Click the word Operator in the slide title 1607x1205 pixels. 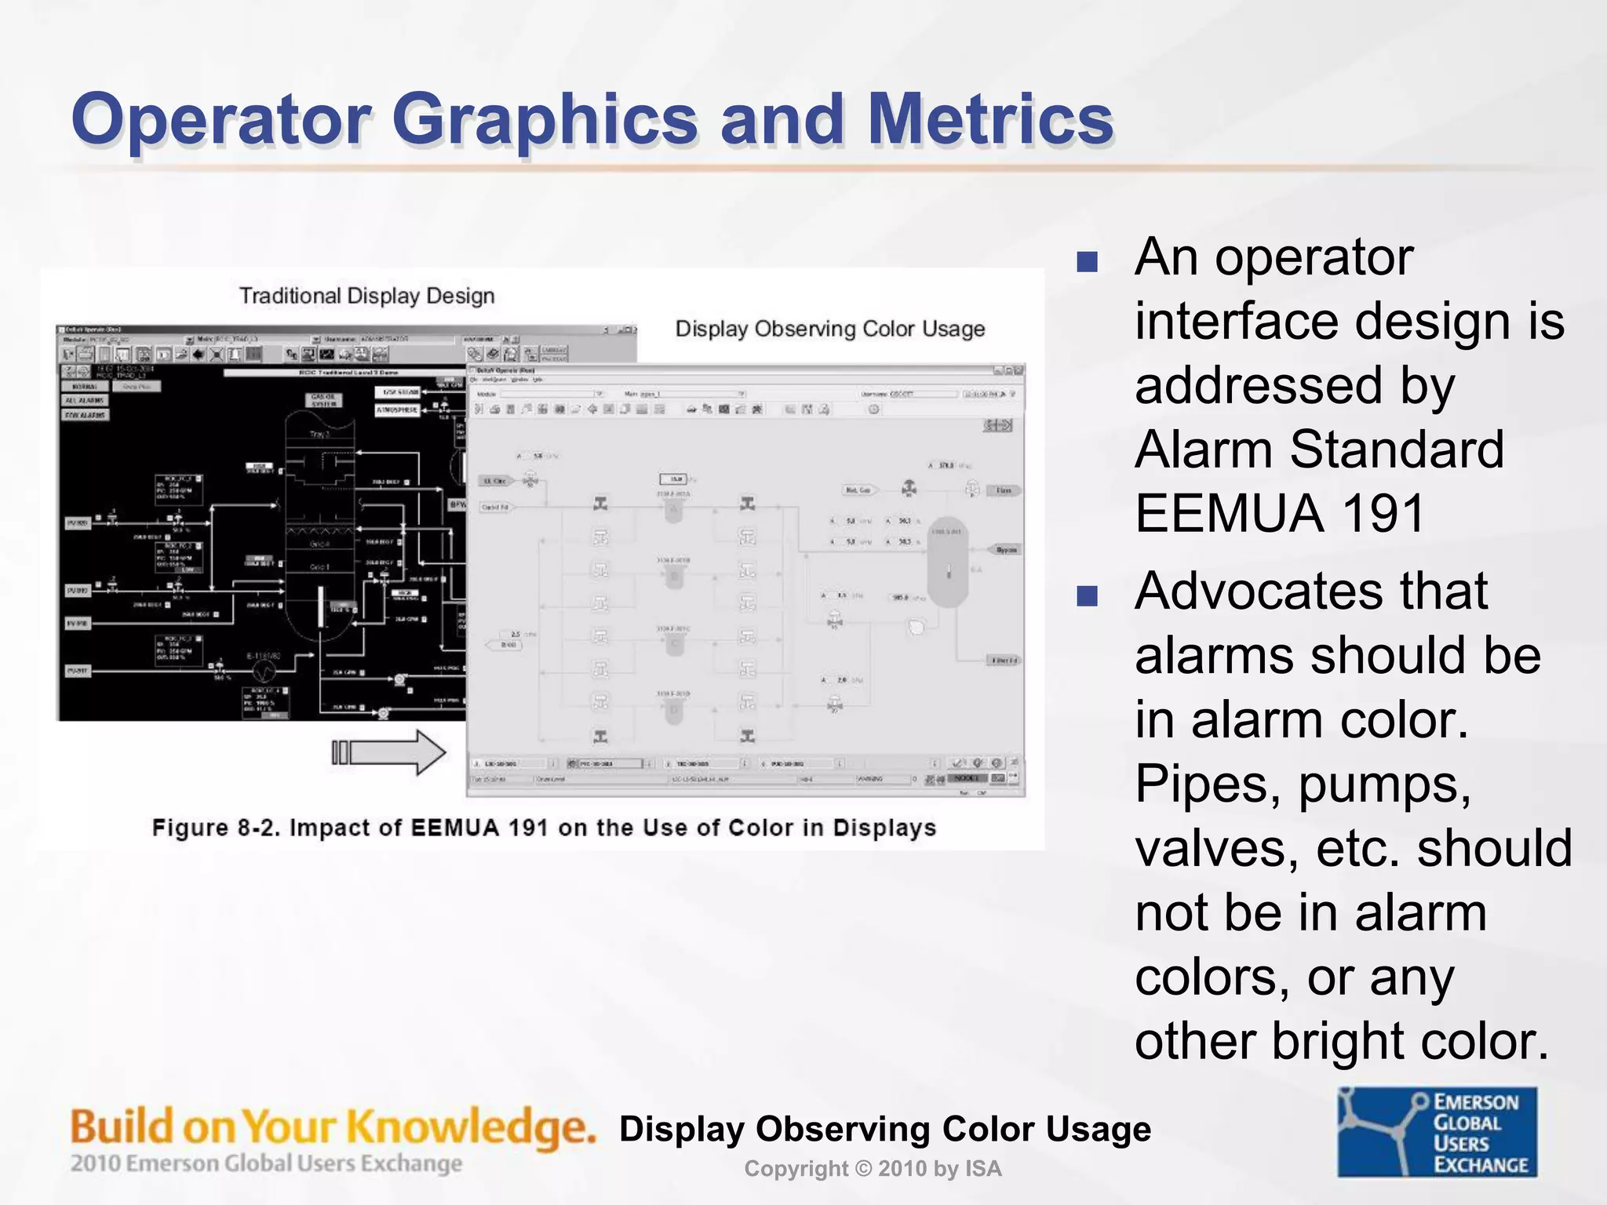[x=220, y=119]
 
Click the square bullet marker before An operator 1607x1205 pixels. [x=1087, y=261]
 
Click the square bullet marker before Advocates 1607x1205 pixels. [x=1087, y=595]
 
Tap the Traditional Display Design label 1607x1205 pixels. [x=366, y=296]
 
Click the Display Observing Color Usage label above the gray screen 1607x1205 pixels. [x=829, y=329]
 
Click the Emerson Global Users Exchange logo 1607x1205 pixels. [x=1437, y=1132]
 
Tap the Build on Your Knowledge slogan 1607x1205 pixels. [x=333, y=1127]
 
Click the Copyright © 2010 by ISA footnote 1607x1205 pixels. [x=873, y=1169]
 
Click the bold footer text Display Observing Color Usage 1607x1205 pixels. [x=884, y=1129]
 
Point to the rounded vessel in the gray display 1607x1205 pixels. [x=948, y=561]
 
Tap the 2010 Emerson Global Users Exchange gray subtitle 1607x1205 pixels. [x=266, y=1163]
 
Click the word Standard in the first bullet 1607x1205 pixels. [x=1396, y=450]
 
